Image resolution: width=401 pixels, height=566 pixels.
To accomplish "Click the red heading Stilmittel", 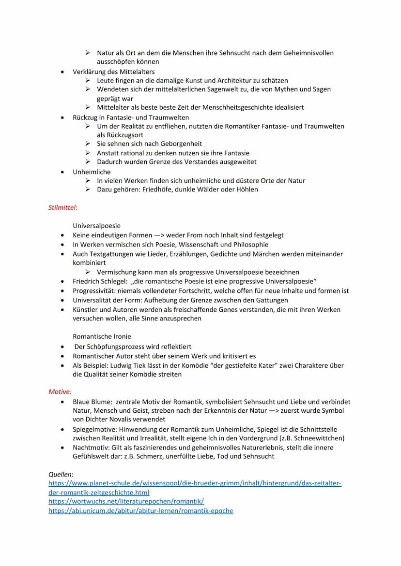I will click(62, 208).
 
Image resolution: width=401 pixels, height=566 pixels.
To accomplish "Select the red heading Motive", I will click(60, 392).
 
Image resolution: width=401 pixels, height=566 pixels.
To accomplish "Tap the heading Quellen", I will click(61, 475).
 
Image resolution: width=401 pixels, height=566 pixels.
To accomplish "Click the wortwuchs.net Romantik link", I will click(126, 502).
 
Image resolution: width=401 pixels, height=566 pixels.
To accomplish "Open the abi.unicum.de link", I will click(140, 510).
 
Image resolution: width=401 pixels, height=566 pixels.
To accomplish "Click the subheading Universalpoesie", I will click(97, 226).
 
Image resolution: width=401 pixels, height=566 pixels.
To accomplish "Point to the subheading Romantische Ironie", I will click(102, 336).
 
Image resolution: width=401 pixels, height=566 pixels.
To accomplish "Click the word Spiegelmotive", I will click(94, 429).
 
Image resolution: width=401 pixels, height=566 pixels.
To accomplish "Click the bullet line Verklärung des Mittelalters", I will click(114, 72).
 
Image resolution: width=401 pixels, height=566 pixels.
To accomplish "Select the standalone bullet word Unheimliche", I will click(92, 172).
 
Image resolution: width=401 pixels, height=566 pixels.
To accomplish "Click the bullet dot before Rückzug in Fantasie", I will click(62, 117).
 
